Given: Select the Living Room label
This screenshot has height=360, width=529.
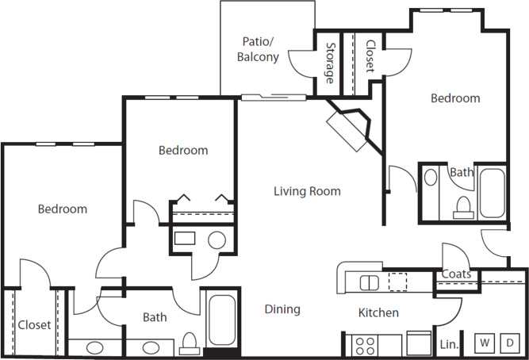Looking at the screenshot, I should [x=307, y=191].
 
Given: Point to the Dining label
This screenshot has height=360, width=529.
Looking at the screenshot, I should [x=282, y=309].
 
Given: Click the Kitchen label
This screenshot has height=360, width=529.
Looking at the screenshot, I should [x=378, y=313].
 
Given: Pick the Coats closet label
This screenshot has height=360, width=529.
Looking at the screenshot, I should [x=457, y=275].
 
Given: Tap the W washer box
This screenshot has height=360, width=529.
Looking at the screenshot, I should [x=483, y=343].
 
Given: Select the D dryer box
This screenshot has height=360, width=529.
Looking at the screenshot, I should [x=511, y=343].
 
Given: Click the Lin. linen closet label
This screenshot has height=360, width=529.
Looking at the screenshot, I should [x=447, y=345].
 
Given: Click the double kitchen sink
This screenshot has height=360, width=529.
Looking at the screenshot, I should [x=369, y=281].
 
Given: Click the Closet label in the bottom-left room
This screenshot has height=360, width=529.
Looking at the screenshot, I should [x=34, y=325].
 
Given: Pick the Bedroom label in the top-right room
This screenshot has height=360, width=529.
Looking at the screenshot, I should [x=455, y=98].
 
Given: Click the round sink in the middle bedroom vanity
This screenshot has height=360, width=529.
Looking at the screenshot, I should [x=216, y=240].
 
